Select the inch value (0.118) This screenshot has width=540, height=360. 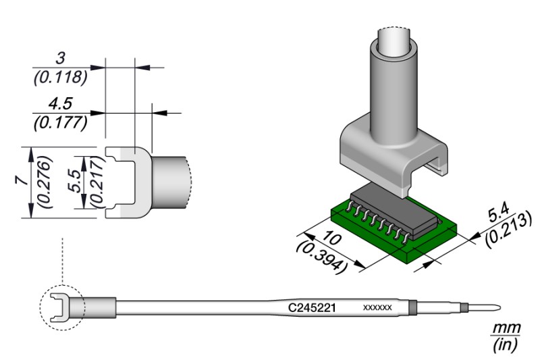point(60,77)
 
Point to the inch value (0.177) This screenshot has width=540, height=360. point(60,122)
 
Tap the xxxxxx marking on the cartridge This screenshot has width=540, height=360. point(377,308)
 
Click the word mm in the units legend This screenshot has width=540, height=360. point(506,328)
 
